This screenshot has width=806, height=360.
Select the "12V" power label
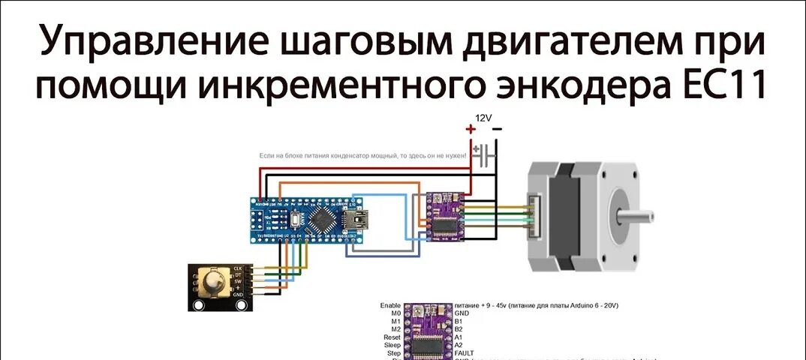point(483,118)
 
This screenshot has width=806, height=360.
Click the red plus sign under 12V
point(471,130)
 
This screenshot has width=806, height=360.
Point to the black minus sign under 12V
point(496,130)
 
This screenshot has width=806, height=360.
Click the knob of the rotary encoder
point(216,285)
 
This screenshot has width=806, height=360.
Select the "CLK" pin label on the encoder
point(238,268)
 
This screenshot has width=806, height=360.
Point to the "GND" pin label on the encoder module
point(238,295)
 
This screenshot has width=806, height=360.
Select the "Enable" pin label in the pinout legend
point(390,306)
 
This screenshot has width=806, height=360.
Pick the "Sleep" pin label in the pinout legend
point(392,345)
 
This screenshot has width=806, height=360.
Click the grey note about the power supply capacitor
point(362,155)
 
